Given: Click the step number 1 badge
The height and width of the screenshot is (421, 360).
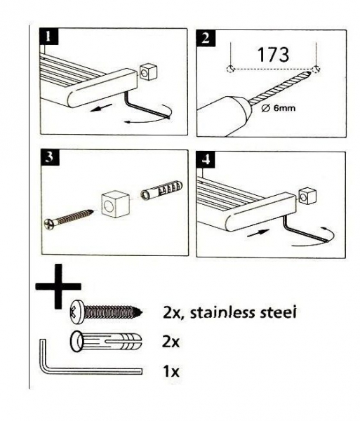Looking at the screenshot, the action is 49,36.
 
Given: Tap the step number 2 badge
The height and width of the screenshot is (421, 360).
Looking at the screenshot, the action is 206,38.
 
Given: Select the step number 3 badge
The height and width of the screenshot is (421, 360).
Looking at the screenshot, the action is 49,158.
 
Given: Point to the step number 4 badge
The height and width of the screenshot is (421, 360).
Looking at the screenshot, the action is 205,160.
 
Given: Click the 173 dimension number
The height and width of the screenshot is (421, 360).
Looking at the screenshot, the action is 273,55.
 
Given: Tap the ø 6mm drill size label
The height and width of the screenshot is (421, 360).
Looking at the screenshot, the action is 278,109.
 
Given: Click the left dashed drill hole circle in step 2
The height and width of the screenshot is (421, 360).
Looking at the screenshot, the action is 231,69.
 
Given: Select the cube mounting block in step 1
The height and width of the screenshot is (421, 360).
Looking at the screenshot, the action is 148,72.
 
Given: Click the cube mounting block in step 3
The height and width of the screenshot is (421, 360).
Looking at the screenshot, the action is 115,204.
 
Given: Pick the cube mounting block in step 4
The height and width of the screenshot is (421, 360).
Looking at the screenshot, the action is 307,196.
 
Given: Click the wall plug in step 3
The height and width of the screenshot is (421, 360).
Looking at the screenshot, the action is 161,191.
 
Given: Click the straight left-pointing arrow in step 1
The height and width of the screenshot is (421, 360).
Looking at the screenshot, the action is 102,107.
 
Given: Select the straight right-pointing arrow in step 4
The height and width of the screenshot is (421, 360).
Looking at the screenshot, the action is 258,233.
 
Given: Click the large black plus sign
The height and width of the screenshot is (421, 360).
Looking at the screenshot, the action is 58,286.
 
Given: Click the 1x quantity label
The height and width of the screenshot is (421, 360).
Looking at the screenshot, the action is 171,371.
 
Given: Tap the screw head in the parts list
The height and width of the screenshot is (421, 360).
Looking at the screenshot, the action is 77,313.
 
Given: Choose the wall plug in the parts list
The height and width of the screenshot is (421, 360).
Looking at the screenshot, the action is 106,342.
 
